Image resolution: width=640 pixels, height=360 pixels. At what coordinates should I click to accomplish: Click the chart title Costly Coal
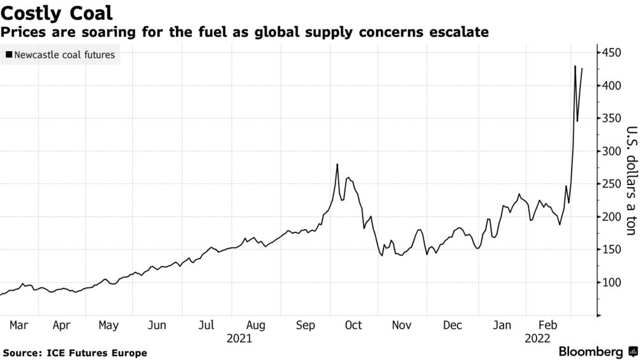tap(57, 12)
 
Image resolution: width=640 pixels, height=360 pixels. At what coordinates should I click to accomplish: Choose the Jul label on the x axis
tap(205, 326)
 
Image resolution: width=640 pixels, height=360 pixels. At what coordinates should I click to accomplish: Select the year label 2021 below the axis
tap(239, 338)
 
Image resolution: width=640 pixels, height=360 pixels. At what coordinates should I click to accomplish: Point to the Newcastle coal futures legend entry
tap(64, 55)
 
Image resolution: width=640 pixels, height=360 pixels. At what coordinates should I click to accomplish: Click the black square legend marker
tap(8, 55)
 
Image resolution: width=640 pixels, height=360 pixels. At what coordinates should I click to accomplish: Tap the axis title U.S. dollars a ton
tap(629, 180)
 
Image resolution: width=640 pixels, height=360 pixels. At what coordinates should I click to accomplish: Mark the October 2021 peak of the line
tap(337, 165)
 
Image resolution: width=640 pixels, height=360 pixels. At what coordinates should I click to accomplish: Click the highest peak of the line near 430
tap(575, 66)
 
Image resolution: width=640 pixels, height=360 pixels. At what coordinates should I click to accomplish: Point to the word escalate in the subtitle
tap(461, 31)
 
